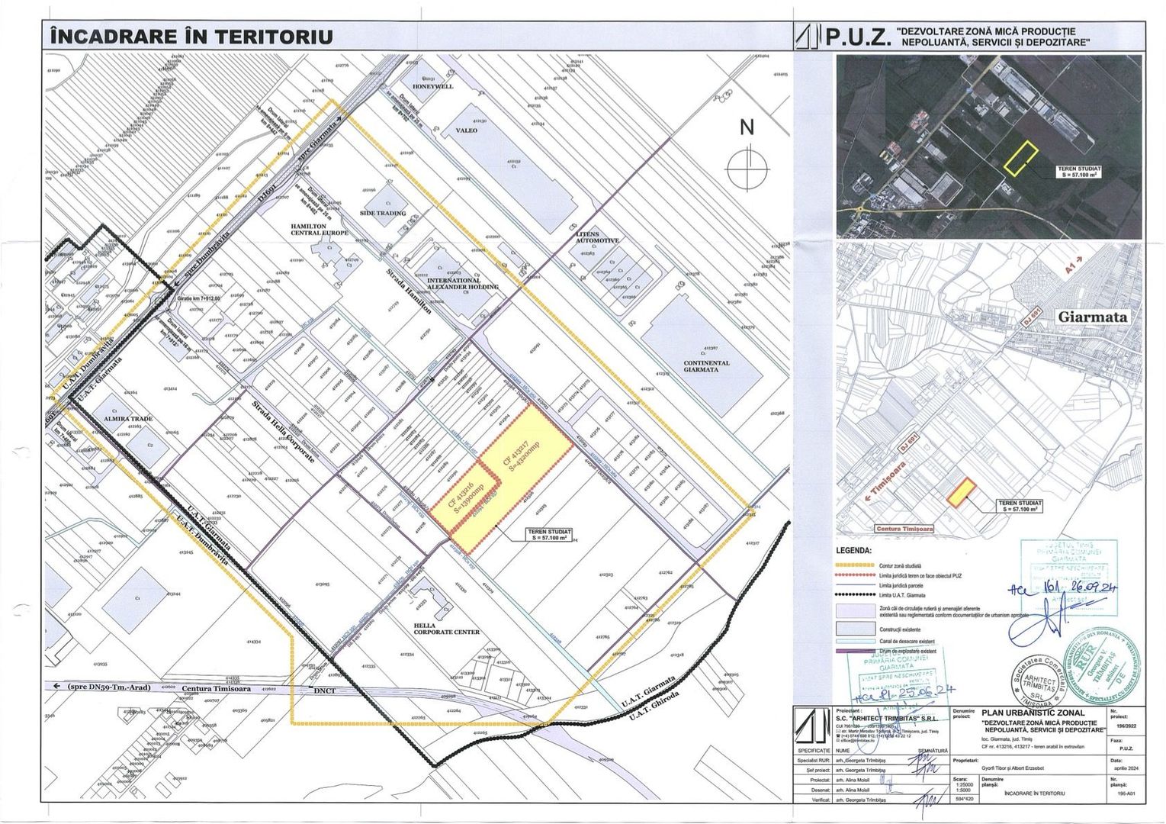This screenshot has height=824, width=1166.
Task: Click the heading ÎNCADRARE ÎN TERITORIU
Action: [x=191, y=36]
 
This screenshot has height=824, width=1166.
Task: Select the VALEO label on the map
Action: [x=466, y=130]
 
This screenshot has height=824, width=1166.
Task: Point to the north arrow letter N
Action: [x=747, y=128]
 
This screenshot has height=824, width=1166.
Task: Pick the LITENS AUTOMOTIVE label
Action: [x=598, y=237]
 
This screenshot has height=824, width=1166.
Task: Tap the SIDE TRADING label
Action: [x=383, y=214]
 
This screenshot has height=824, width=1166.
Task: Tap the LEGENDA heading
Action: [x=854, y=549]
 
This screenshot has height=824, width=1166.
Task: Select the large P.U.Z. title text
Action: [x=859, y=37]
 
